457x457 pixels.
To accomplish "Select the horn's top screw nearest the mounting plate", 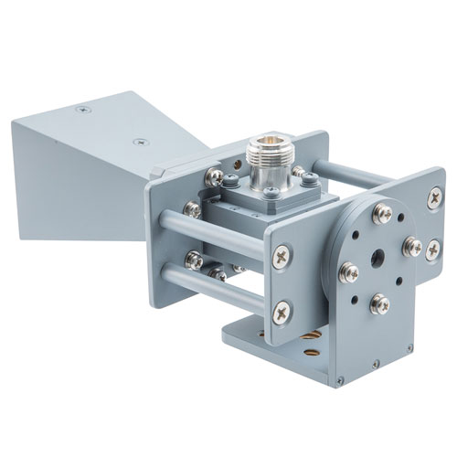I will point(139,142).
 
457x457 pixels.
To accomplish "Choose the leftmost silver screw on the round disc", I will point(347,271).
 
